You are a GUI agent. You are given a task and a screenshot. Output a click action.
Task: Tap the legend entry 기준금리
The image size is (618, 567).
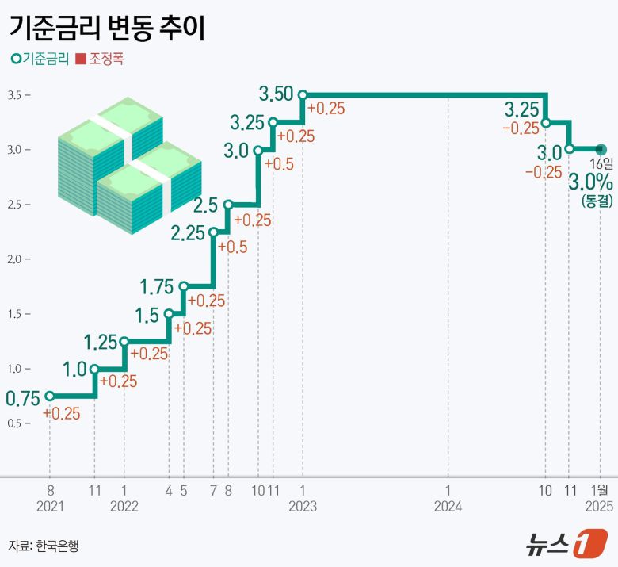tap(40, 59)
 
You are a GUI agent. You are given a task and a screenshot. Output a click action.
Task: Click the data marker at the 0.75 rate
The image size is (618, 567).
tap(50, 396)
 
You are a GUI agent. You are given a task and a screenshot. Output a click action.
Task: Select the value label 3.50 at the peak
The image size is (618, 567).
tap(277, 94)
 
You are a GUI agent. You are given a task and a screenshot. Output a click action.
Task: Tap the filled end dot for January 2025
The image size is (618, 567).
tap(600, 148)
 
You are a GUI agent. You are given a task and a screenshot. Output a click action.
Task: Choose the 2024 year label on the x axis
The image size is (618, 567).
tap(448, 506)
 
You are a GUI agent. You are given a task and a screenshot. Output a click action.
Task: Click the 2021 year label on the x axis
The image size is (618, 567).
tap(49, 506)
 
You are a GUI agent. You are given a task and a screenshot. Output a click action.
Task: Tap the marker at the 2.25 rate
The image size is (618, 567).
tap(213, 232)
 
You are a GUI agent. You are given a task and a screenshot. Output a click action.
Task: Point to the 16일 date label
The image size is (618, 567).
tap(601, 163)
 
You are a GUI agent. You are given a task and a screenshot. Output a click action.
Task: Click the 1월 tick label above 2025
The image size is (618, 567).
tap(600, 491)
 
